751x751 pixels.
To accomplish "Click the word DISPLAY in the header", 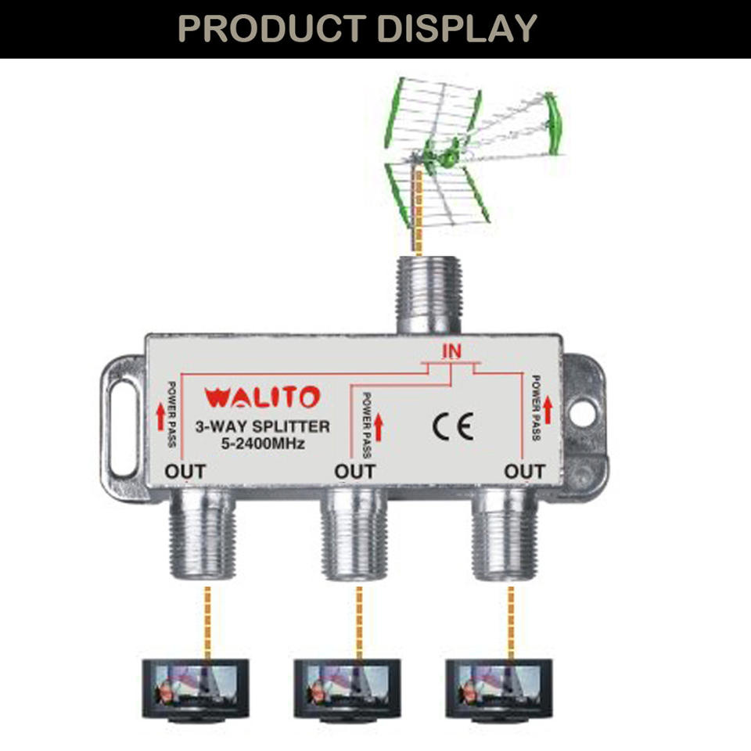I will [457, 27].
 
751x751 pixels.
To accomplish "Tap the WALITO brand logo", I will [262, 397].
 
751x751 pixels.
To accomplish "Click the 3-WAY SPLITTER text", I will [262, 427].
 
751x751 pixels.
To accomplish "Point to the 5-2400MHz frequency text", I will [262, 445].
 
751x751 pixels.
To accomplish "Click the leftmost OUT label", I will [185, 472].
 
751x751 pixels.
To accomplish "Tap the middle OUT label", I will [355, 472].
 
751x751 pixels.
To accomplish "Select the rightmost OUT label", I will [525, 472].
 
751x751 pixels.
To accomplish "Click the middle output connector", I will [354, 536].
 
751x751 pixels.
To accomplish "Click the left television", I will [196, 688].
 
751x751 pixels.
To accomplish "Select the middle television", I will [347, 688].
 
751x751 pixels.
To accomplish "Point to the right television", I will [499, 688].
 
